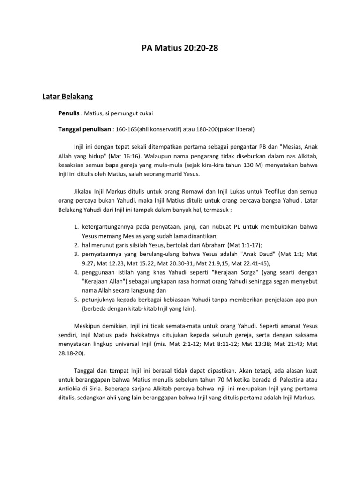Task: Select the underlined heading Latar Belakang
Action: point(67,97)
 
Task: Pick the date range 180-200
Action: point(210,129)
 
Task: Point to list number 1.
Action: point(76,227)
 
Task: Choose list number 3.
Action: point(76,254)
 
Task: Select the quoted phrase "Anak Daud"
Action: point(258,254)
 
